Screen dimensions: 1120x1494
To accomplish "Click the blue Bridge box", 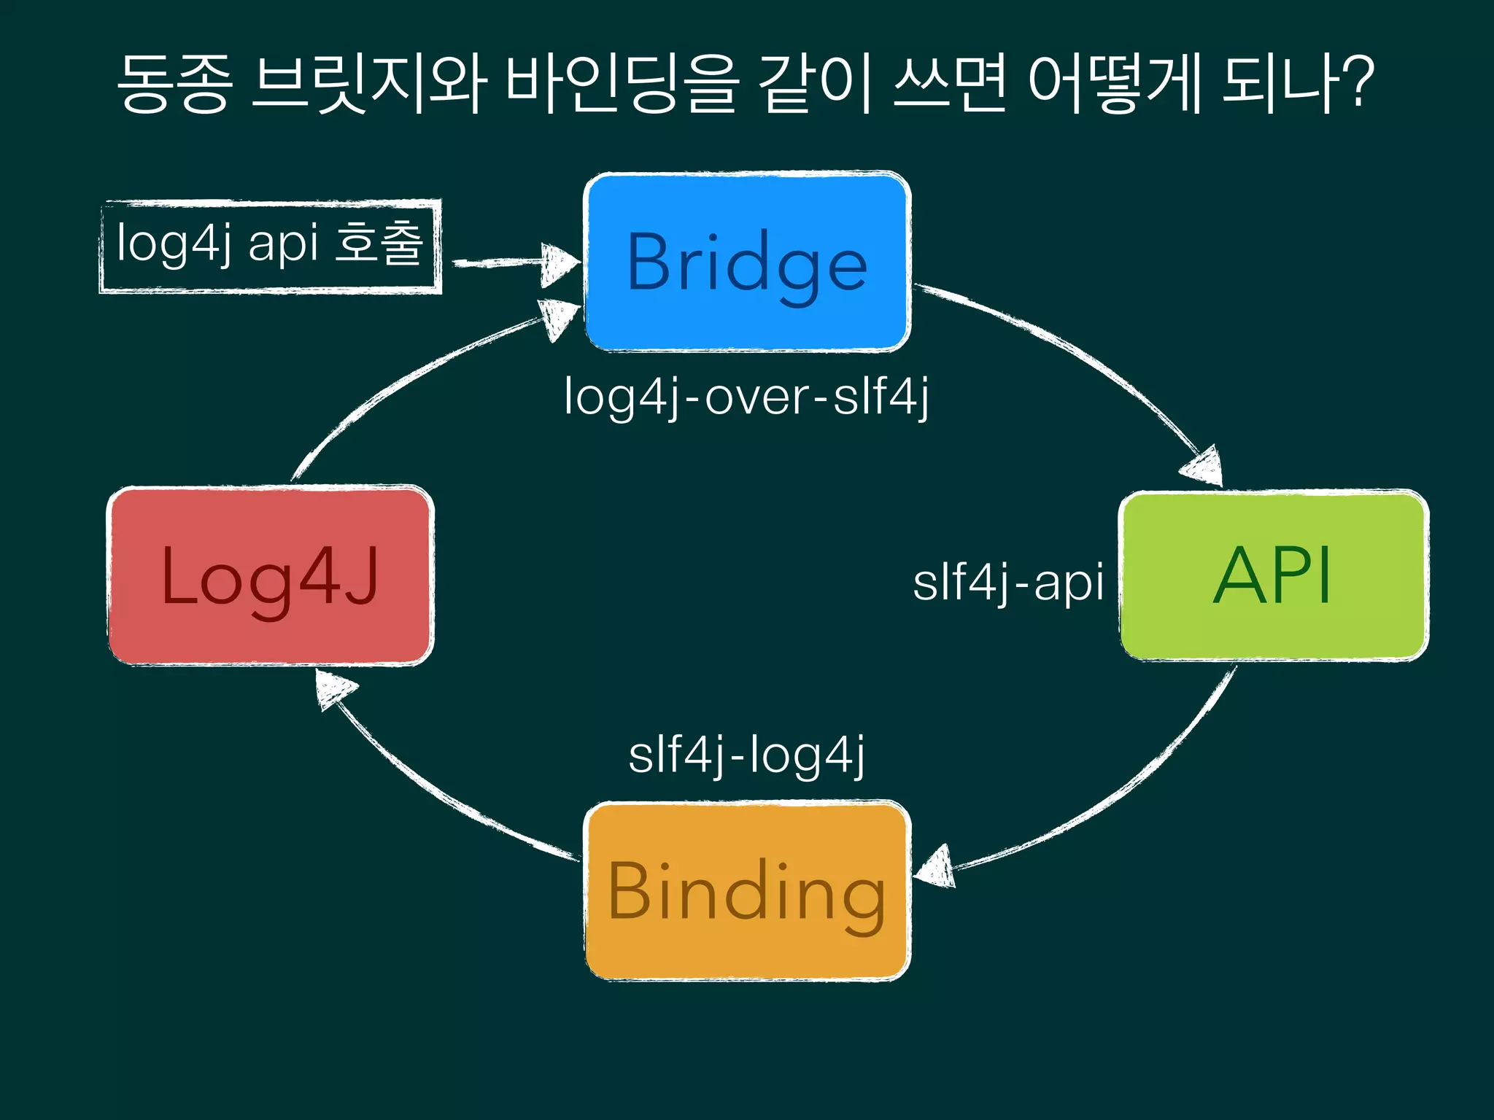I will (747, 262).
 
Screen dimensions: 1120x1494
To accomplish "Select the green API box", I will (1274, 576).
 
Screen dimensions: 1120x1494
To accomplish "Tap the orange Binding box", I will (747, 891).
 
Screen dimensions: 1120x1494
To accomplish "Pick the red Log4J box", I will (270, 576).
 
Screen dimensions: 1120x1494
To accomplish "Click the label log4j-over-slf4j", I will (747, 397).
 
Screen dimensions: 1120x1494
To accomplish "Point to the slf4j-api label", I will (1008, 583).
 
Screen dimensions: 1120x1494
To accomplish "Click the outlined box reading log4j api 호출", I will (270, 246).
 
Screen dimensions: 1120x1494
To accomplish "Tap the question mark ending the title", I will (1358, 82).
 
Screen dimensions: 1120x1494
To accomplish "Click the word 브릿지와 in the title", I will (368, 84).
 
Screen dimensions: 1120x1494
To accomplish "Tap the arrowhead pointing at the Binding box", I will (935, 868).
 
